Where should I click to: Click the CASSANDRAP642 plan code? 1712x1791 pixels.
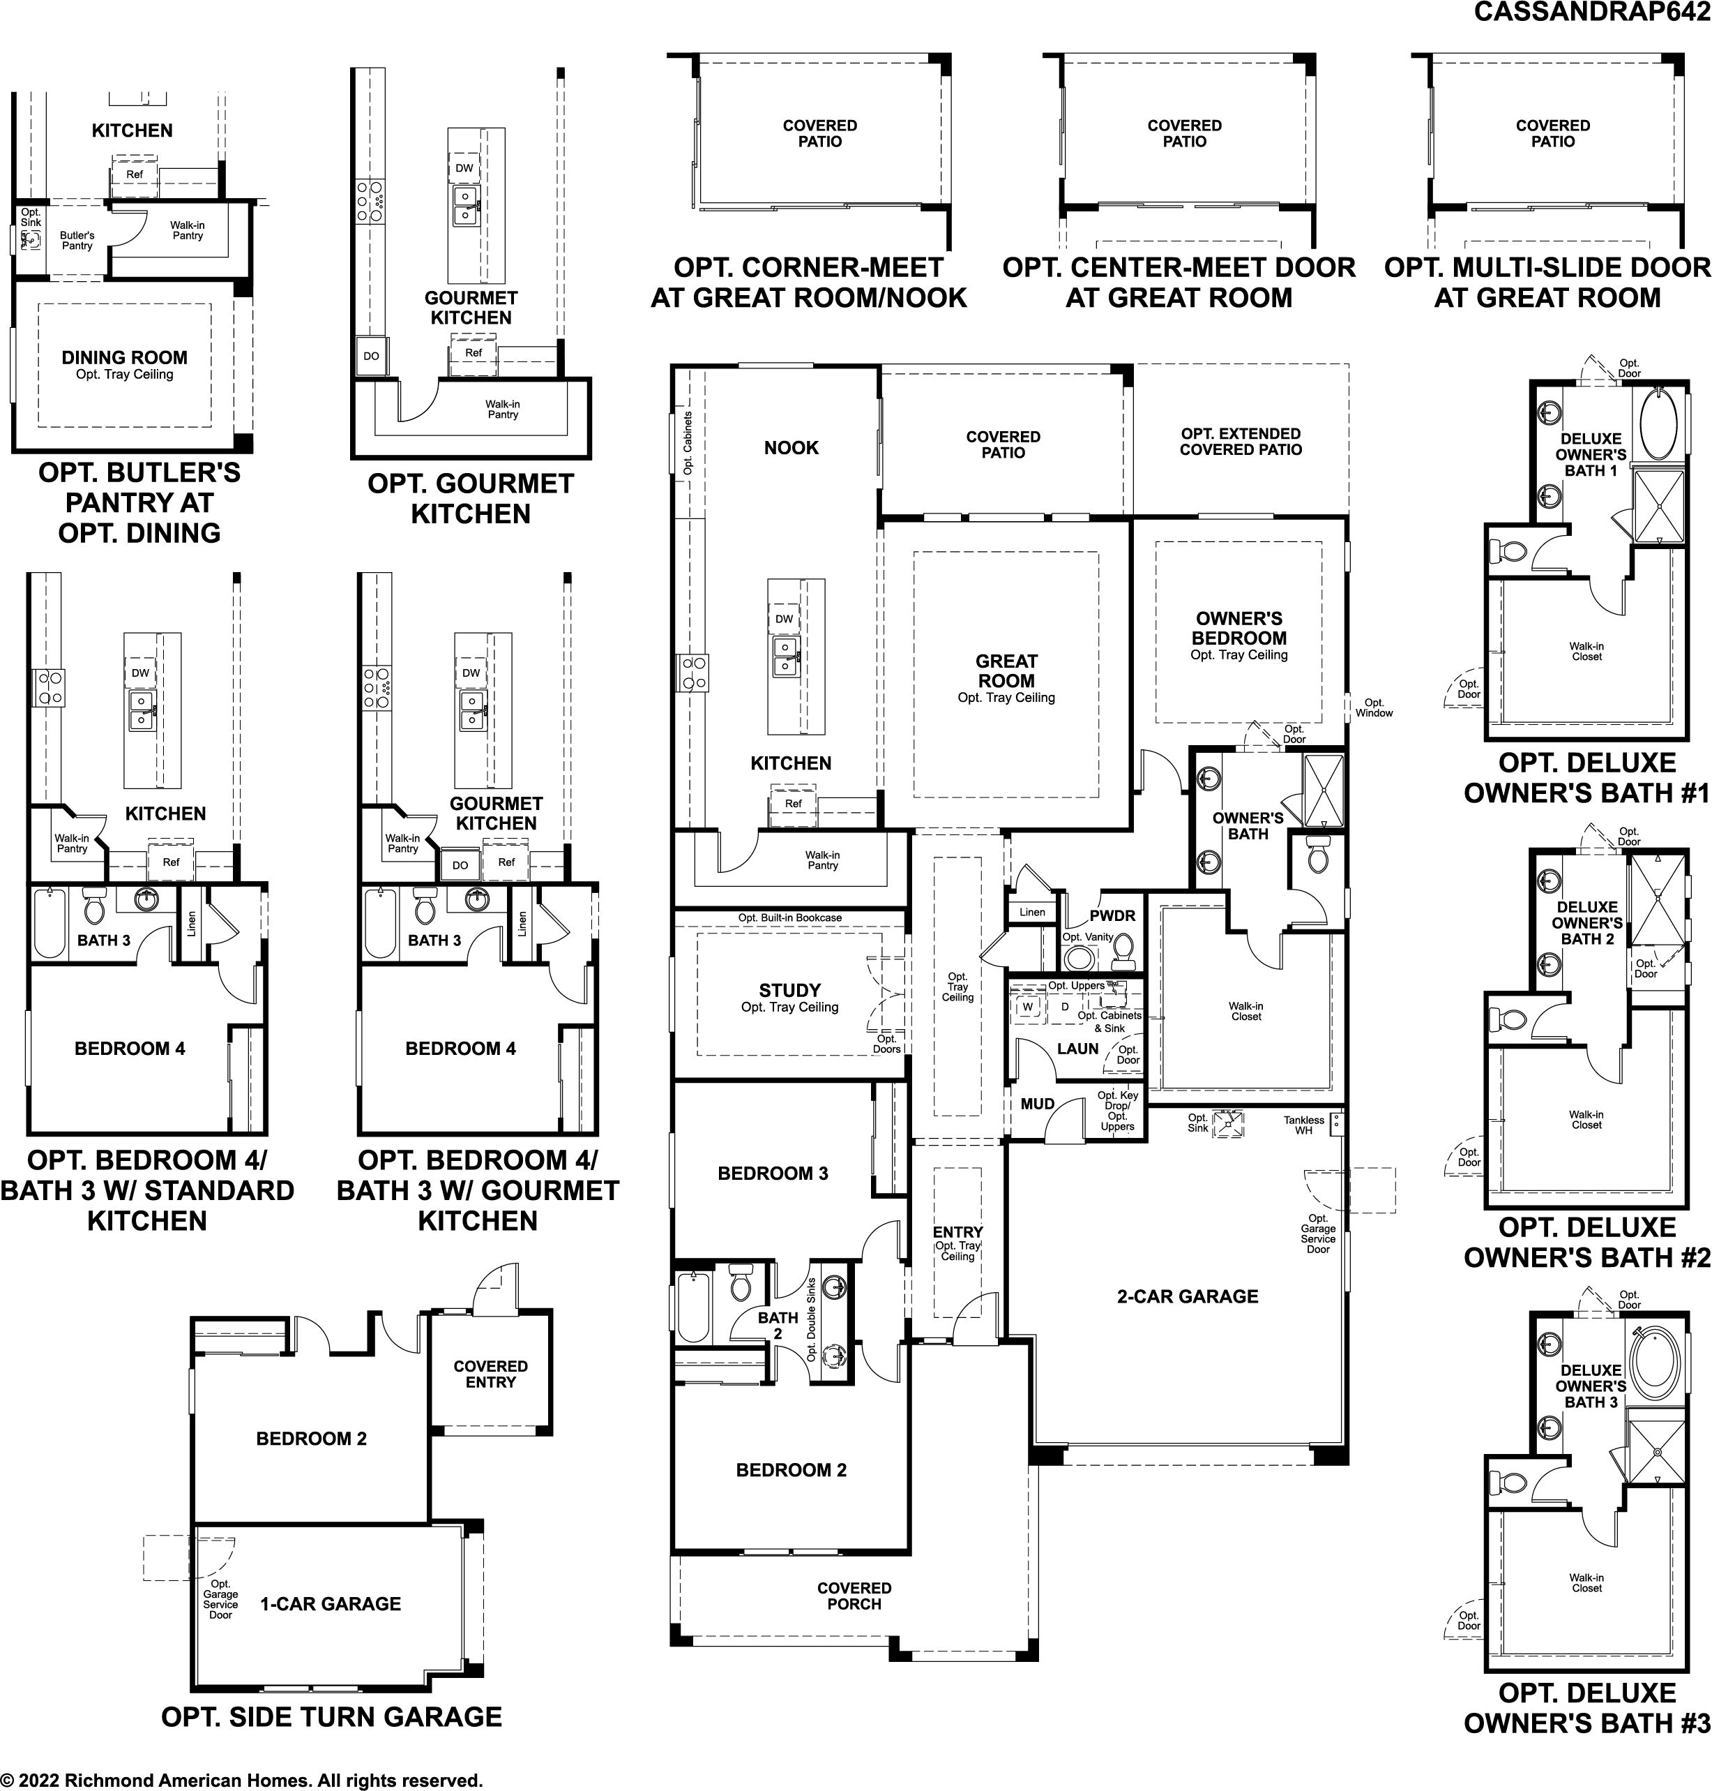tap(1591, 11)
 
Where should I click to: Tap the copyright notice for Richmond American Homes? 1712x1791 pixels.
tap(241, 1779)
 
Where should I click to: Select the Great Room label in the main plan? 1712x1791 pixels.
tap(1006, 671)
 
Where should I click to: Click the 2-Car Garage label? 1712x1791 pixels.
tap(1188, 1296)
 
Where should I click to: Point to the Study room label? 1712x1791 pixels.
tap(789, 991)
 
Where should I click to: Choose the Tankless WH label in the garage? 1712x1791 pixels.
tap(1303, 1125)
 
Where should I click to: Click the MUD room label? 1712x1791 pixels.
tap(1038, 1104)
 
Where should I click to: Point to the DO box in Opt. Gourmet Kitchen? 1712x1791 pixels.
tap(372, 356)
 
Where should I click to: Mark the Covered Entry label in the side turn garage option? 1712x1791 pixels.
tap(491, 1374)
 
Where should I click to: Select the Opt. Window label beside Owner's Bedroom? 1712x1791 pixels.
tap(1374, 707)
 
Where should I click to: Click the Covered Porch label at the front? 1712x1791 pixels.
tap(854, 1596)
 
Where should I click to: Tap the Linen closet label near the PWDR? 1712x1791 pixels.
tap(1032, 912)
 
